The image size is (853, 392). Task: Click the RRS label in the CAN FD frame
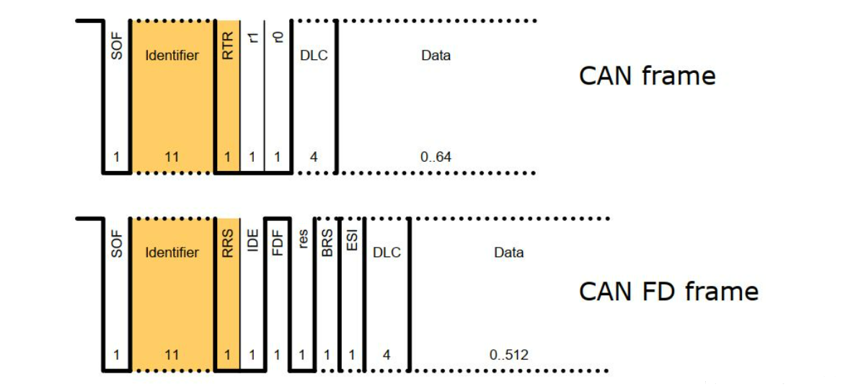coord(229,243)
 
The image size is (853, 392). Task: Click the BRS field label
coord(327,240)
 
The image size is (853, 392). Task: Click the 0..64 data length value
coord(436,156)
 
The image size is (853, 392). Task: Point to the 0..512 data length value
coord(509,354)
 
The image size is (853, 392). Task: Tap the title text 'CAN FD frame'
coord(668,292)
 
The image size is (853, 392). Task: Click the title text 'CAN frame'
coord(647,76)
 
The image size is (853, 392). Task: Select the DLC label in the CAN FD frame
coord(386,253)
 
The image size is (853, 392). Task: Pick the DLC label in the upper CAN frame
coord(314,56)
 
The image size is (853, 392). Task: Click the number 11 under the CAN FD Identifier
coord(172,354)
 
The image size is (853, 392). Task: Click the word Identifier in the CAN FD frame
coord(172,253)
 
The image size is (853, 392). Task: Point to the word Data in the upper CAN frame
coord(436,56)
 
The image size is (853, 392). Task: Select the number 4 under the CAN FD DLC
coord(386,354)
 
